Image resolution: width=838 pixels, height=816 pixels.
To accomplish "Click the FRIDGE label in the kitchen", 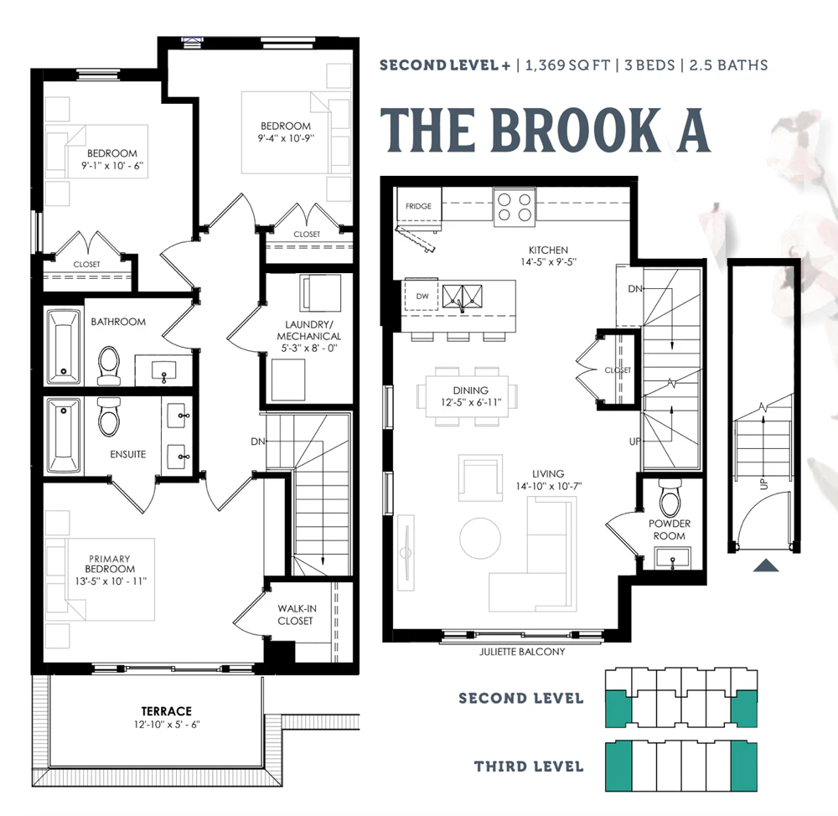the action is (418, 206).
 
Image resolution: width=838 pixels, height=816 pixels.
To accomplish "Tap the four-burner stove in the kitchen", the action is (515, 207).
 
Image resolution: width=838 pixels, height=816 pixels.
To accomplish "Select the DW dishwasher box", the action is (422, 296).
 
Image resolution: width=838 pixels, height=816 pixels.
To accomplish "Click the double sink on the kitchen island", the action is (462, 297).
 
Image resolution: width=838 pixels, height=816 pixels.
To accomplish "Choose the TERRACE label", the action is (166, 711).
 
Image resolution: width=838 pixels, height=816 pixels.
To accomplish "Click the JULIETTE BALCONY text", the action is (521, 652).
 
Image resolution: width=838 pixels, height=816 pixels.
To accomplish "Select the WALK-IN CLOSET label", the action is (296, 615).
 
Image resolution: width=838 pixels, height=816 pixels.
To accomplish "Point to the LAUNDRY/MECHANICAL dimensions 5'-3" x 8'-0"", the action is (309, 348).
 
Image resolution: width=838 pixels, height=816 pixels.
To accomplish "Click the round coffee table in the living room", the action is (480, 538).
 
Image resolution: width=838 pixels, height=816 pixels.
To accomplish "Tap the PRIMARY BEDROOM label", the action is (110, 564).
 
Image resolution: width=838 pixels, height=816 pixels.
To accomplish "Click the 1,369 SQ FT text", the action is (567, 65).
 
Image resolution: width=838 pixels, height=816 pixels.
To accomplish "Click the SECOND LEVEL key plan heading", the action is (520, 699).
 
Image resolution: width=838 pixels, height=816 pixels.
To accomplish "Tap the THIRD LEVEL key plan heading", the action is (529, 767).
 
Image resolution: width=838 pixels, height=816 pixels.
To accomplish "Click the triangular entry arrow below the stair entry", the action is (765, 566).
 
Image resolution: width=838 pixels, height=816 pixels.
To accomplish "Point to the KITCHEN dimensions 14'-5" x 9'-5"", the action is (548, 262).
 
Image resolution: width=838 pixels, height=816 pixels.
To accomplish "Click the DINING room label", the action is (470, 390).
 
